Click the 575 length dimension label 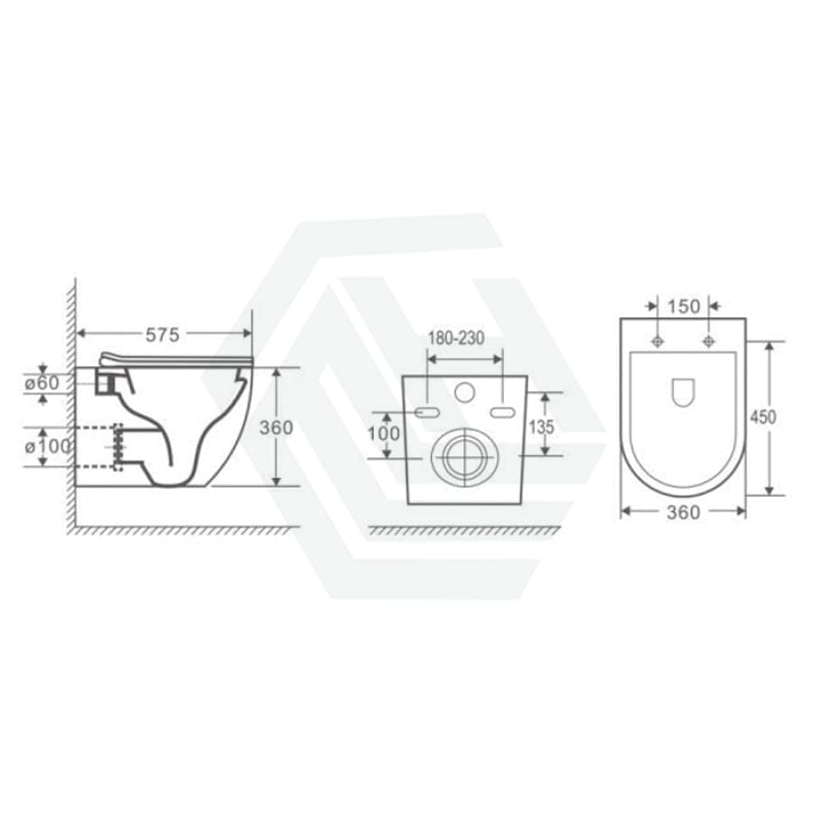click(163, 335)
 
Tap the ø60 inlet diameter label click(42, 383)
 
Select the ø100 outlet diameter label click(48, 446)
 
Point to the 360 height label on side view click(276, 428)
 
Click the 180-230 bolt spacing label click(456, 338)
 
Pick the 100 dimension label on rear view click(384, 434)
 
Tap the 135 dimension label click(541, 426)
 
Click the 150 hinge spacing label click(684, 306)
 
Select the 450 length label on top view click(763, 416)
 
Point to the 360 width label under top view click(684, 512)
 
